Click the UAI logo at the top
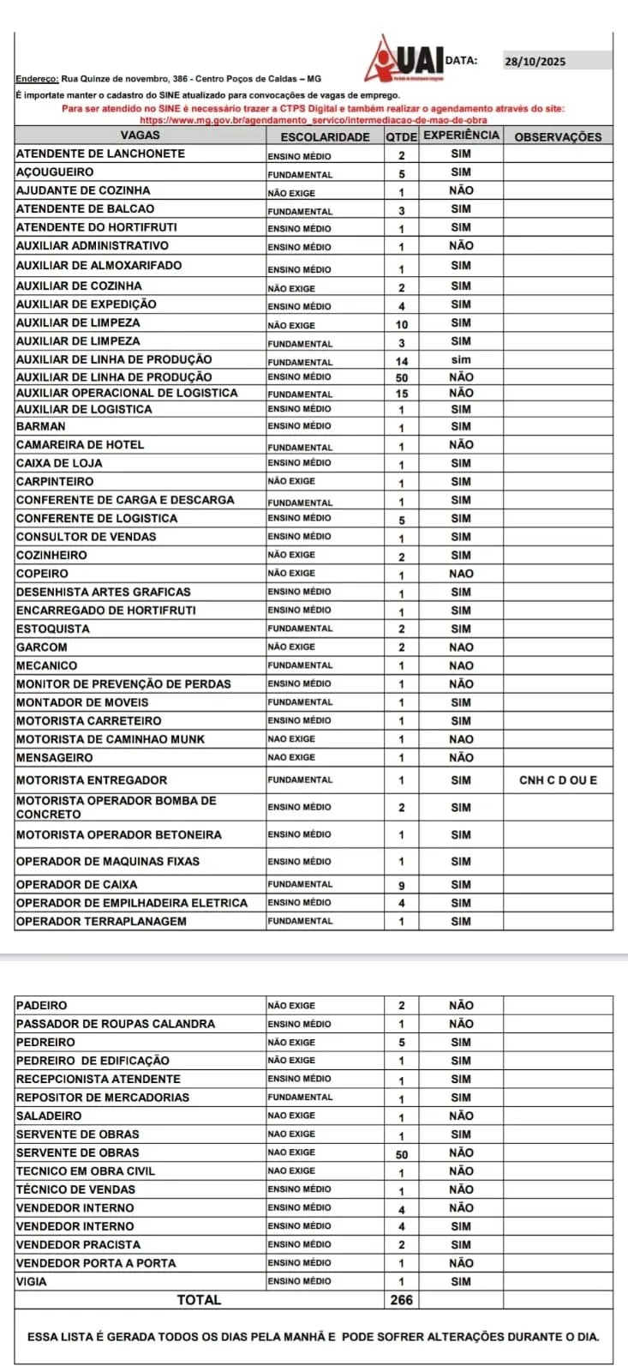[403, 60]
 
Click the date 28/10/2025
[535, 62]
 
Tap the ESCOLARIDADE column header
[325, 136]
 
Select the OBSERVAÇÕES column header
[558, 136]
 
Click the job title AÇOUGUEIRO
[55, 172]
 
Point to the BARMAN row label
[40, 426]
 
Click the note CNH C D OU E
[558, 780]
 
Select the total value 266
[401, 1300]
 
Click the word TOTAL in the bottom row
[199, 1300]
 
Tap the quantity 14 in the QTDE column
[401, 361]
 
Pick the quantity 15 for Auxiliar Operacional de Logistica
[401, 394]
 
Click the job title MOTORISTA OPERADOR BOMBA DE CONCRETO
[116, 807]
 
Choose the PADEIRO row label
[41, 1005]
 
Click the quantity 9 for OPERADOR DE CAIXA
[401, 885]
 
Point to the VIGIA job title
[32, 1281]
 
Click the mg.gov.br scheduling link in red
[313, 120]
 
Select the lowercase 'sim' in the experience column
[461, 360]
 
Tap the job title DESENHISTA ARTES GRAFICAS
[103, 592]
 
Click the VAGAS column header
[140, 135]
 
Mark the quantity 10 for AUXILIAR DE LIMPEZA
[401, 325]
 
